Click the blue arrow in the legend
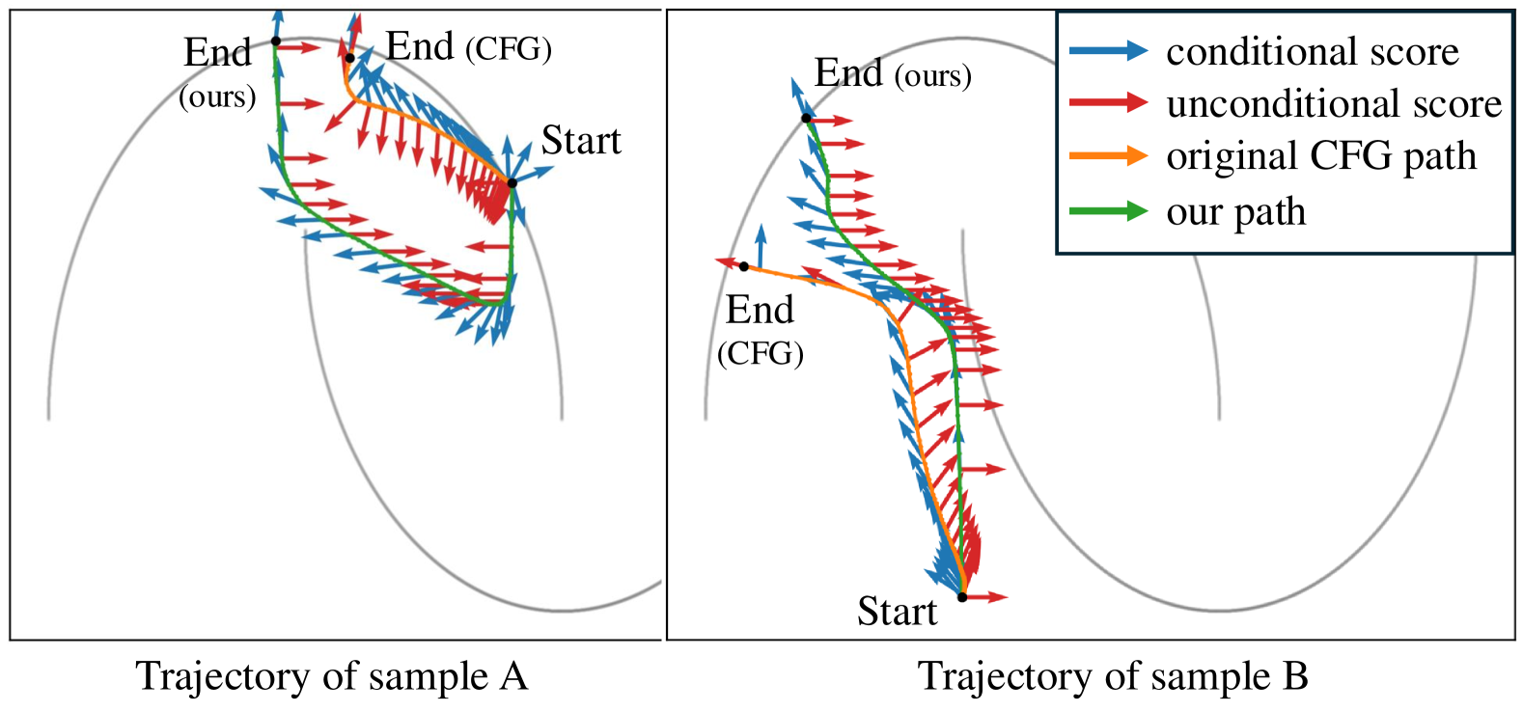point(1108,52)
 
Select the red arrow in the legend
point(1108,103)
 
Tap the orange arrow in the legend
point(1108,156)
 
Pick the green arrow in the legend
point(1108,211)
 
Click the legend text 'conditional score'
point(1312,52)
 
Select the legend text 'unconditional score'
point(1334,104)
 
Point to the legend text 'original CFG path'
point(1320,156)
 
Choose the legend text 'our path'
point(1235,212)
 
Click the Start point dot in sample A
point(512,182)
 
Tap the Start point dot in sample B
point(962,597)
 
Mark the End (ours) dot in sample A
point(275,41)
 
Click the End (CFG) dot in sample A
point(349,58)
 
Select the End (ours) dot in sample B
point(806,119)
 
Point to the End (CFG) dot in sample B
point(744,266)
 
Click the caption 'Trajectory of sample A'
point(332,676)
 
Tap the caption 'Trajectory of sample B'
point(1113,676)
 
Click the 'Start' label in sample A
point(580,141)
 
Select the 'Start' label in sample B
point(897,612)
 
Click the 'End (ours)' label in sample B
point(892,73)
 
